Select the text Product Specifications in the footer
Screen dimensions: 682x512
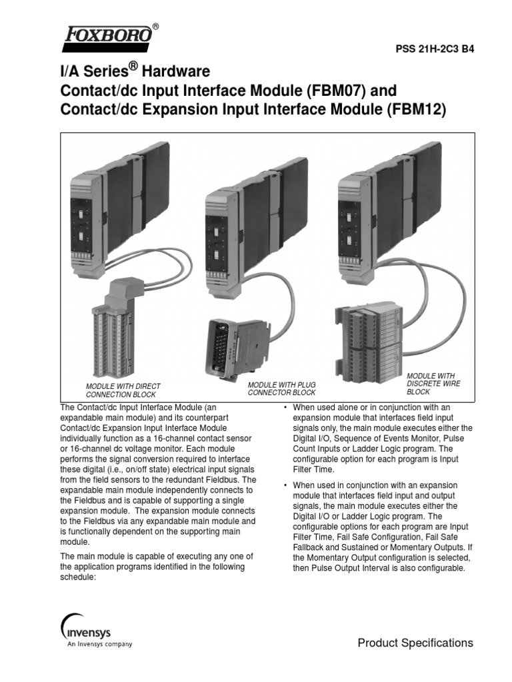pyautogui.click(x=415, y=643)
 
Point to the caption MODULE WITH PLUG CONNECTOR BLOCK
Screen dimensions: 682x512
pyautogui.click(x=281, y=389)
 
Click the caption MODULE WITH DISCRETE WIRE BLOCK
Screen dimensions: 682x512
pyautogui.click(x=433, y=384)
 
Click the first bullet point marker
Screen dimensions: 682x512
pyautogui.click(x=285, y=407)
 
